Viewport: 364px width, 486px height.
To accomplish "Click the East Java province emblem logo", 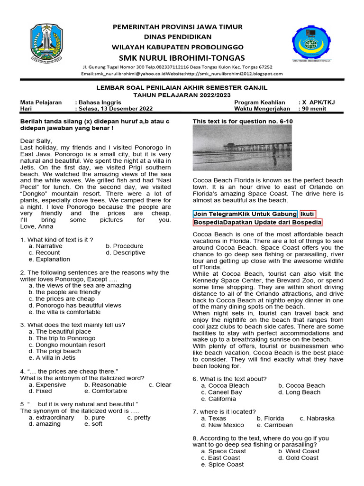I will [46, 44].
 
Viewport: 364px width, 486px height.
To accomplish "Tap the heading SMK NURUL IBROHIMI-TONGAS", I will [178, 58].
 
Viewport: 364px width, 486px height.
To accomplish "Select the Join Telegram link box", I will [245, 214].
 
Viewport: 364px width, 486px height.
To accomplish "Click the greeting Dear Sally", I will [36, 140].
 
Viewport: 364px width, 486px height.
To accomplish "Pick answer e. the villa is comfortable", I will [64, 312].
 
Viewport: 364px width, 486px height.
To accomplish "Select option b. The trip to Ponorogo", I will [62, 338].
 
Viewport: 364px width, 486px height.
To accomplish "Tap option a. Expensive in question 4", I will [47, 384].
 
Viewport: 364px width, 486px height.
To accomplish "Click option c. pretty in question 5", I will [139, 418].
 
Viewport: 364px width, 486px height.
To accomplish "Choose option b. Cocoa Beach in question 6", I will [301, 385].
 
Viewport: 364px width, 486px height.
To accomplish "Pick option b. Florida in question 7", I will [271, 418].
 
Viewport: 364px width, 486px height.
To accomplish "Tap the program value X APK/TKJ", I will [320, 102].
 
